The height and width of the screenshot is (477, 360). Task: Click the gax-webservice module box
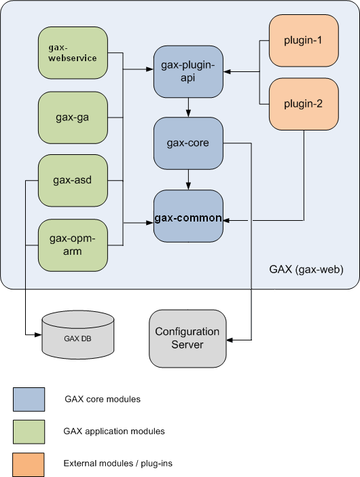[x=73, y=53]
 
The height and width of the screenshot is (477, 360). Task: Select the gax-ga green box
[x=73, y=117]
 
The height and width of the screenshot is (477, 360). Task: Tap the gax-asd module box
[x=73, y=181]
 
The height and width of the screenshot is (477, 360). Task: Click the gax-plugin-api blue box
[x=188, y=71]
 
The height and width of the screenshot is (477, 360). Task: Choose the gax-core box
[x=188, y=143]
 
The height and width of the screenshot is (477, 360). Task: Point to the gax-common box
[x=188, y=217]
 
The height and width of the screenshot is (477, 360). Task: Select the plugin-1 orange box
[x=304, y=40]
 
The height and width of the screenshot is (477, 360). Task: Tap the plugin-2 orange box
[x=304, y=104]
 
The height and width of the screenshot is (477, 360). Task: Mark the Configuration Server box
[x=187, y=338]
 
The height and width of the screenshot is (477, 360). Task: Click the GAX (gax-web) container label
[x=306, y=270]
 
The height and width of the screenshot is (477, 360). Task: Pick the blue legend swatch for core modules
[x=29, y=400]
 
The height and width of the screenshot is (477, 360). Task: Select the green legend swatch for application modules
[x=29, y=431]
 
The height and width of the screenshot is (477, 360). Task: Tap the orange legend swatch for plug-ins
[x=29, y=464]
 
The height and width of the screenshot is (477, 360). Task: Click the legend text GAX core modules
[x=103, y=400]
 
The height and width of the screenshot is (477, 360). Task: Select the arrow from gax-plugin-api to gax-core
[x=188, y=107]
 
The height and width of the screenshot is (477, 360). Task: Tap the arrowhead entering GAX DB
[x=37, y=335]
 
